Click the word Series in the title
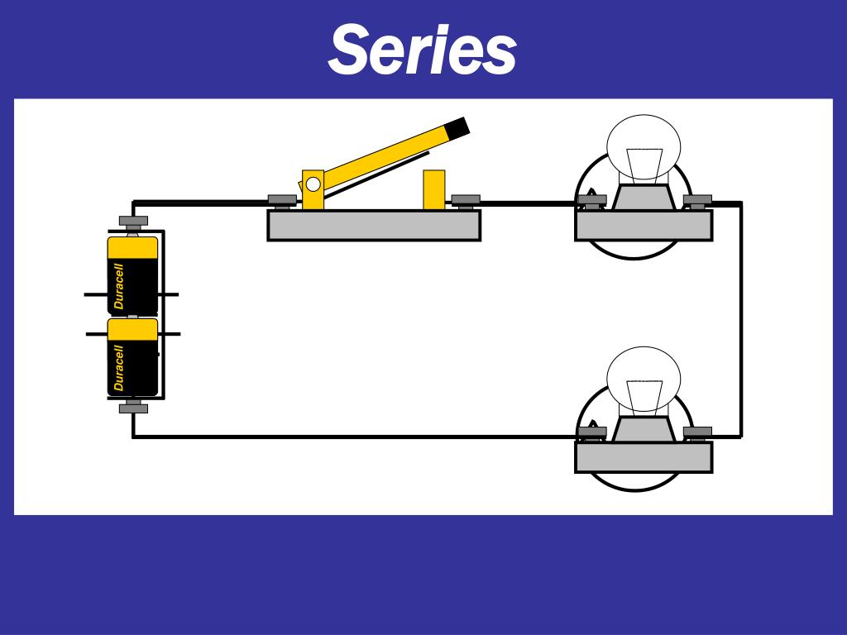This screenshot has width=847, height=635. click(x=422, y=49)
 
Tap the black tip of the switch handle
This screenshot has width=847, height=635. click(x=457, y=127)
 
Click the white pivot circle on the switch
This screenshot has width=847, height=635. click(x=313, y=184)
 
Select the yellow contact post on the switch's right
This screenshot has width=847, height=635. click(x=433, y=189)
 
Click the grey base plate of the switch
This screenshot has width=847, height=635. click(x=374, y=225)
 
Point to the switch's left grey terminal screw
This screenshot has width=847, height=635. click(x=282, y=201)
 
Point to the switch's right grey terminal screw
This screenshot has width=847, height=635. click(x=466, y=201)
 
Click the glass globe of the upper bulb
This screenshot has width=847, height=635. click(x=644, y=146)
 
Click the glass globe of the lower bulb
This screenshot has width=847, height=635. click(x=644, y=379)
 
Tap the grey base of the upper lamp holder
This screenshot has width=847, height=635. click(x=644, y=225)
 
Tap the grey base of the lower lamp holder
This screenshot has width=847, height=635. click(x=644, y=456)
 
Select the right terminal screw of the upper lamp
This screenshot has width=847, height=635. click(x=697, y=202)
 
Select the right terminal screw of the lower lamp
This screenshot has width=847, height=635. click(x=697, y=433)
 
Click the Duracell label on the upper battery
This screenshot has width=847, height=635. click(x=119, y=286)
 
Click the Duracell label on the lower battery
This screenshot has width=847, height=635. click(x=119, y=368)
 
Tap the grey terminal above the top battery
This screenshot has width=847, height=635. click(x=133, y=222)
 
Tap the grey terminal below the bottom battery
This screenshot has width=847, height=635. click(x=133, y=407)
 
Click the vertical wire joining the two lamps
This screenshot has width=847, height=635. click(x=740, y=320)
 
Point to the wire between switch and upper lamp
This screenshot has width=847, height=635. click(x=528, y=203)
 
